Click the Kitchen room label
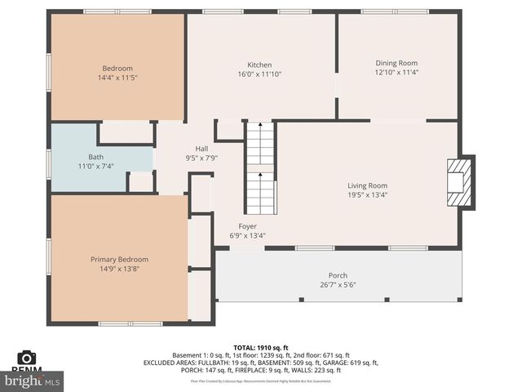259,65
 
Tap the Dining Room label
396,63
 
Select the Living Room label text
367,185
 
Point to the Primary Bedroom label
119,259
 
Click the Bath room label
96,157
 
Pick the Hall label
201,149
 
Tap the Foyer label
247,226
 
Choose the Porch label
338,275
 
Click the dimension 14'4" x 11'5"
117,78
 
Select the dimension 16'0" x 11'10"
259,74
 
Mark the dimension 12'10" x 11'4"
396,72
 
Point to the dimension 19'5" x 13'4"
367,194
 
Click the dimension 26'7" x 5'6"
338,284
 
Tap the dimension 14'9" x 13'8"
119,268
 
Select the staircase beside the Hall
261,167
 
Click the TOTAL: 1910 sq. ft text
261,346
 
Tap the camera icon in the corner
26,358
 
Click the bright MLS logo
32,381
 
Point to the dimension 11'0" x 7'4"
96,166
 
